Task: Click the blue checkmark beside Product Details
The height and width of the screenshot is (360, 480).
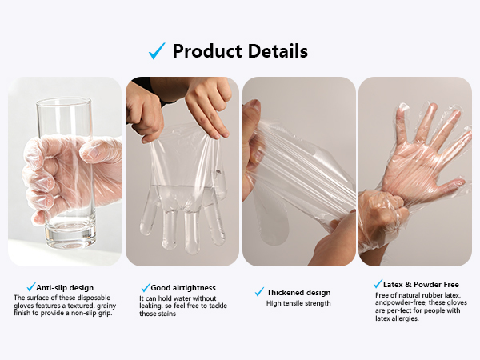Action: tap(157, 51)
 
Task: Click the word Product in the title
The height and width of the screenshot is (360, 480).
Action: tap(207, 51)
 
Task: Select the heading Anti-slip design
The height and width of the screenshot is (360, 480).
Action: tap(65, 288)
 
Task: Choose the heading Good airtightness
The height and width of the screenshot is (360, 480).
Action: tap(183, 288)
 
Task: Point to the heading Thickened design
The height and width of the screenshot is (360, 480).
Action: tap(298, 293)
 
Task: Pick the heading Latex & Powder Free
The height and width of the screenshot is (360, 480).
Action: tap(421, 285)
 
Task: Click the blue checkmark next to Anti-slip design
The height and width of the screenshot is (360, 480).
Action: tap(31, 287)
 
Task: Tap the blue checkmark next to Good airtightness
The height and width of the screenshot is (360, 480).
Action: tap(146, 287)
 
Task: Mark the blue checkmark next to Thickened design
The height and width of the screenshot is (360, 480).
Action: tap(259, 292)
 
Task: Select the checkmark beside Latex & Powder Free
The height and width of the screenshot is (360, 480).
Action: tap(378, 284)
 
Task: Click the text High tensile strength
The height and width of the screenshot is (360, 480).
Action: tap(298, 303)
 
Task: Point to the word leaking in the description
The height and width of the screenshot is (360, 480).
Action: tap(150, 306)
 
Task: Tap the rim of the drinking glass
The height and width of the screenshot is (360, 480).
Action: tap(64, 102)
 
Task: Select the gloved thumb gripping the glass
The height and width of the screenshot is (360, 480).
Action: tap(98, 150)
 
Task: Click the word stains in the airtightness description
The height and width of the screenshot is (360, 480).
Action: tap(167, 314)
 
